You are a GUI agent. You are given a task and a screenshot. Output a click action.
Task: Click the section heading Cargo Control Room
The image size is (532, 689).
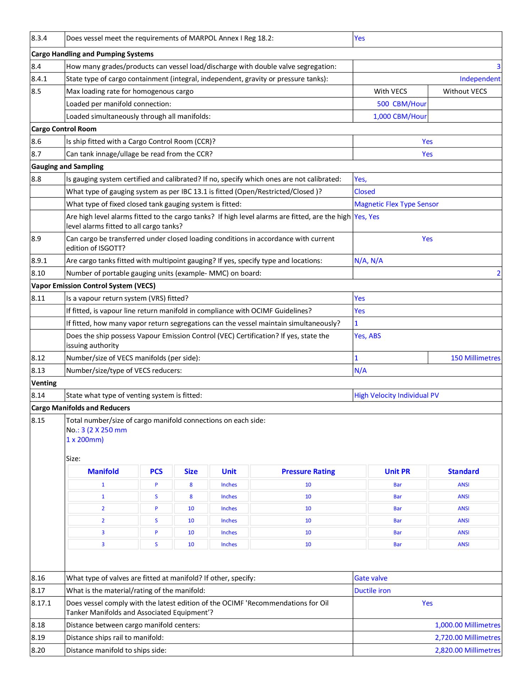(x=64, y=129)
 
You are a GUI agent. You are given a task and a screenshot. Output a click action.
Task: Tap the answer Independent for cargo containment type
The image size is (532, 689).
(x=480, y=79)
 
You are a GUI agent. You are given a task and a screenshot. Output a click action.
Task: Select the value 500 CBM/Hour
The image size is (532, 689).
(x=401, y=104)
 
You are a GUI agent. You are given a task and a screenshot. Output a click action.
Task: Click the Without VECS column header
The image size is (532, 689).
(x=465, y=91)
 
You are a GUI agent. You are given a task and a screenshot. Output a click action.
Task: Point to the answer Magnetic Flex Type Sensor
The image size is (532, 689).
(x=396, y=204)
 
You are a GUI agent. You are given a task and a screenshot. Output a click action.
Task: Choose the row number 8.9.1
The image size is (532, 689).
(x=39, y=261)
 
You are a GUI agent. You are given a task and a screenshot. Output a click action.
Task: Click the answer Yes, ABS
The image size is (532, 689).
(x=367, y=336)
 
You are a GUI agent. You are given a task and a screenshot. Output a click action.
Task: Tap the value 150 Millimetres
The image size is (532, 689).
(x=475, y=358)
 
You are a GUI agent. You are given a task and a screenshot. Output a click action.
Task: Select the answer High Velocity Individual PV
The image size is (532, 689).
(x=396, y=395)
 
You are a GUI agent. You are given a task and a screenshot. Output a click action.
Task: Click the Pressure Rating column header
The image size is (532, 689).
(x=308, y=471)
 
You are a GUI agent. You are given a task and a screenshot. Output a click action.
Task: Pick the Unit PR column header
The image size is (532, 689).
(x=397, y=471)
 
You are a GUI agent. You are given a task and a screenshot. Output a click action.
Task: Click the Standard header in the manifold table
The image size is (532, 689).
(x=463, y=471)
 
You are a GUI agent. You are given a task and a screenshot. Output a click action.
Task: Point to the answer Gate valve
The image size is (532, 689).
(x=371, y=578)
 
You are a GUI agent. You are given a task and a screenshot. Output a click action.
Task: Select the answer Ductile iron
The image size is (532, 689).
(x=372, y=590)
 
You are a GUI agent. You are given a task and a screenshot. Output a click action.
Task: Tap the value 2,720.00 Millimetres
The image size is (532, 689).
(x=467, y=638)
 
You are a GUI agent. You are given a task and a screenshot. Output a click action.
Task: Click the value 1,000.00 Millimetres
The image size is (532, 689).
(x=467, y=625)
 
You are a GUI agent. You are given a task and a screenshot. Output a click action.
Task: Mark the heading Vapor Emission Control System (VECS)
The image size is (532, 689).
(x=93, y=286)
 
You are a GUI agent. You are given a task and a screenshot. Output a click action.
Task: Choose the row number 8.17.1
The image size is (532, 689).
(x=41, y=603)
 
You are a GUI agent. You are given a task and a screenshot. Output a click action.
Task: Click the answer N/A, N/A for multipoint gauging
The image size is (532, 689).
(x=368, y=261)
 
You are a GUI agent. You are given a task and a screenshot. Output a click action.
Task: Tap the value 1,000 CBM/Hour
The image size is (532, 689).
(x=400, y=116)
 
